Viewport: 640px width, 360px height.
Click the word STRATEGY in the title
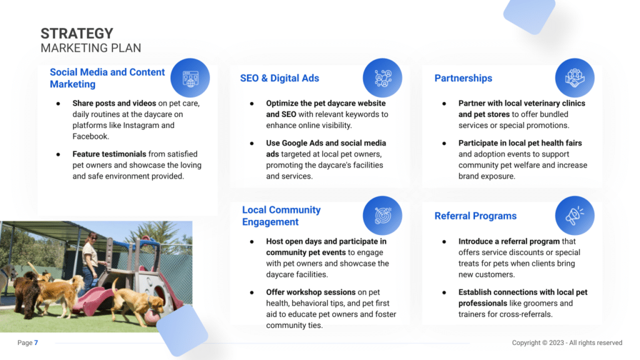77,34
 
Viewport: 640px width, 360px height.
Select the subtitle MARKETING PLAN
91,48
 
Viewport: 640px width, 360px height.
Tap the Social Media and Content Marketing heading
107,78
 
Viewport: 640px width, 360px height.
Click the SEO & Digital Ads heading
279,78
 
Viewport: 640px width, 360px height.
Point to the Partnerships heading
463,78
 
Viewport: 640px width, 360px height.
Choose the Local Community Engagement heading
281,216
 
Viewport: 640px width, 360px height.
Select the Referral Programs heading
476,216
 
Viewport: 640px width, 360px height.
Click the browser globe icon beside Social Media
190,78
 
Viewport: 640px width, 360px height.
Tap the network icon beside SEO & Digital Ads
382,78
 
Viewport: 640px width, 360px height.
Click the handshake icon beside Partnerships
575,78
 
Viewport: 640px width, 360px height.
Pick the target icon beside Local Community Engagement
382,216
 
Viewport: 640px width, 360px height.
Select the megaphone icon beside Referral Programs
575,216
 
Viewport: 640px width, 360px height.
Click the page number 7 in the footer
36,343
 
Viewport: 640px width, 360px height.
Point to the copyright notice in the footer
567,343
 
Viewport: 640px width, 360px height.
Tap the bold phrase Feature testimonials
109,154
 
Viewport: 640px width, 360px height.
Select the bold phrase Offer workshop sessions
311,292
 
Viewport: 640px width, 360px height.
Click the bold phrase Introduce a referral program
509,241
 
